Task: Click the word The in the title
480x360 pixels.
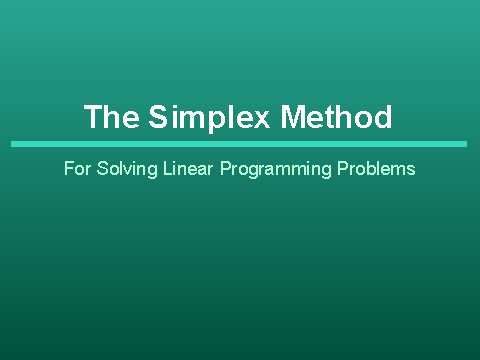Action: click(x=111, y=117)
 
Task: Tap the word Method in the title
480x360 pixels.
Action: click(x=336, y=117)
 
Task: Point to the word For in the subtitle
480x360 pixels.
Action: click(x=76, y=169)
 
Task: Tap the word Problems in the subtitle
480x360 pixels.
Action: click(x=375, y=169)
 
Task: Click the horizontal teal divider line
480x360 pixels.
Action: click(x=240, y=144)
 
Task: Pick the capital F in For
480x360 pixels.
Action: click(x=68, y=169)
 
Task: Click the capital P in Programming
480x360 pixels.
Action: click(x=226, y=169)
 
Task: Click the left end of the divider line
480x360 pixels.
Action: click(x=13, y=144)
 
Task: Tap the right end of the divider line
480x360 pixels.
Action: click(x=466, y=144)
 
